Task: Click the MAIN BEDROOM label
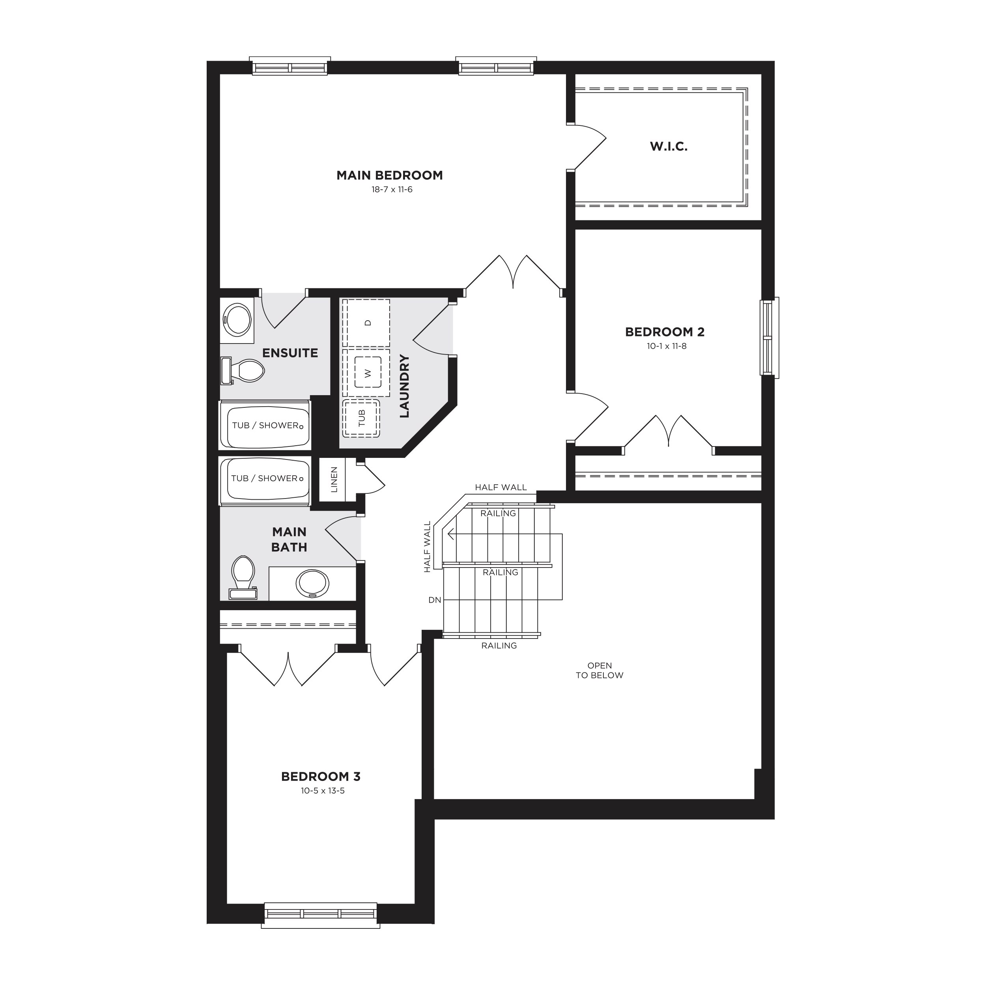pyautogui.click(x=389, y=176)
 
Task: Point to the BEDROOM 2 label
pyautogui.click(x=665, y=332)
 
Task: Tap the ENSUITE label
pyautogui.click(x=290, y=353)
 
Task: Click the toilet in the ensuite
pyautogui.click(x=243, y=370)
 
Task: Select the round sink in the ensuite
pyautogui.click(x=237, y=319)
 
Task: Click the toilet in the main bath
pyautogui.click(x=243, y=577)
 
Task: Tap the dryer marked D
pyautogui.click(x=366, y=323)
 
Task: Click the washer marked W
pyautogui.click(x=366, y=373)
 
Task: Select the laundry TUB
pyautogui.click(x=361, y=418)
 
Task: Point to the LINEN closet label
pyautogui.click(x=334, y=480)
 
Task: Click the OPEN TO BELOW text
pyautogui.click(x=599, y=670)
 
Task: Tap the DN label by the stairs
pyautogui.click(x=435, y=600)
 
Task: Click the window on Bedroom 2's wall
pyautogui.click(x=769, y=337)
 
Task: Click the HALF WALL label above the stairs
pyautogui.click(x=500, y=487)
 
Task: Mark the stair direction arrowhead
pyautogui.click(x=451, y=534)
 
